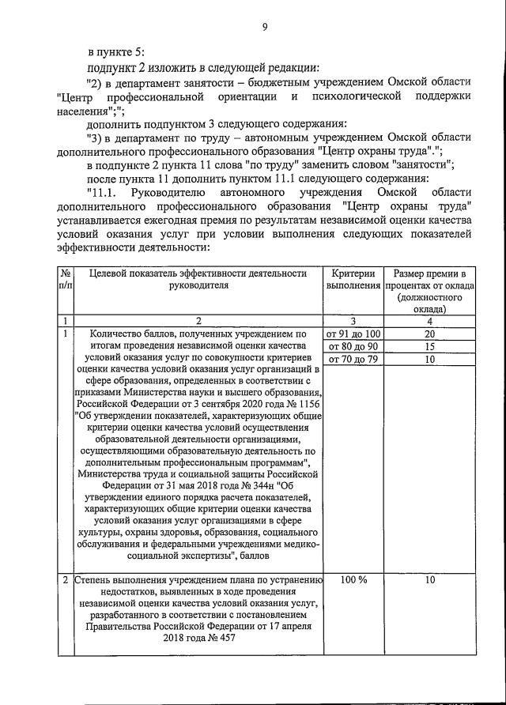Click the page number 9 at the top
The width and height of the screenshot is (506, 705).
tap(265, 28)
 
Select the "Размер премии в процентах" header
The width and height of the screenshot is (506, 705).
tap(429, 285)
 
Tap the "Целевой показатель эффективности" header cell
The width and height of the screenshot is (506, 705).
tap(198, 279)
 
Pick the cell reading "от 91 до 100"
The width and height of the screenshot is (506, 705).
tap(353, 334)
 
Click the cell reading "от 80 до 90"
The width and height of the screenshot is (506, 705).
tap(353, 347)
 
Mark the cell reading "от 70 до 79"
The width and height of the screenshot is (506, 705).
tap(353, 360)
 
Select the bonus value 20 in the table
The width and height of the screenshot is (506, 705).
tap(429, 334)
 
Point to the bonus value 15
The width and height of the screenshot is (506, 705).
tap(429, 347)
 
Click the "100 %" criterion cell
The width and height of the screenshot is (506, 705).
tap(353, 580)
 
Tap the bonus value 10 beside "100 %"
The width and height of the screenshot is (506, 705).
tap(429, 580)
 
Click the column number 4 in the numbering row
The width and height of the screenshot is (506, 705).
tap(429, 321)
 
